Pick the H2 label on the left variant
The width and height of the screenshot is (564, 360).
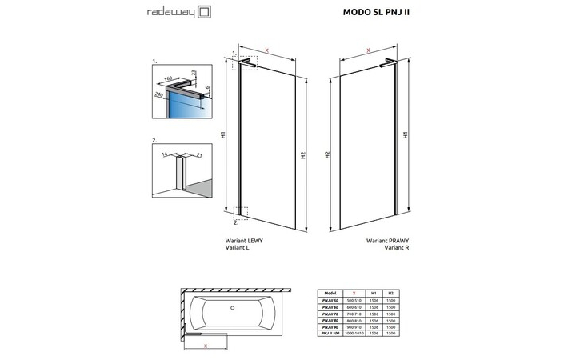pyautogui.click(x=303, y=155)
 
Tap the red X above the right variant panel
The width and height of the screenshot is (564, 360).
pyautogui.click(x=367, y=50)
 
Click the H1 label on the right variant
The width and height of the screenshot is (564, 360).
pyautogui.click(x=407, y=135)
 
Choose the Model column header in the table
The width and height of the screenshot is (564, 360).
pyautogui.click(x=331, y=294)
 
